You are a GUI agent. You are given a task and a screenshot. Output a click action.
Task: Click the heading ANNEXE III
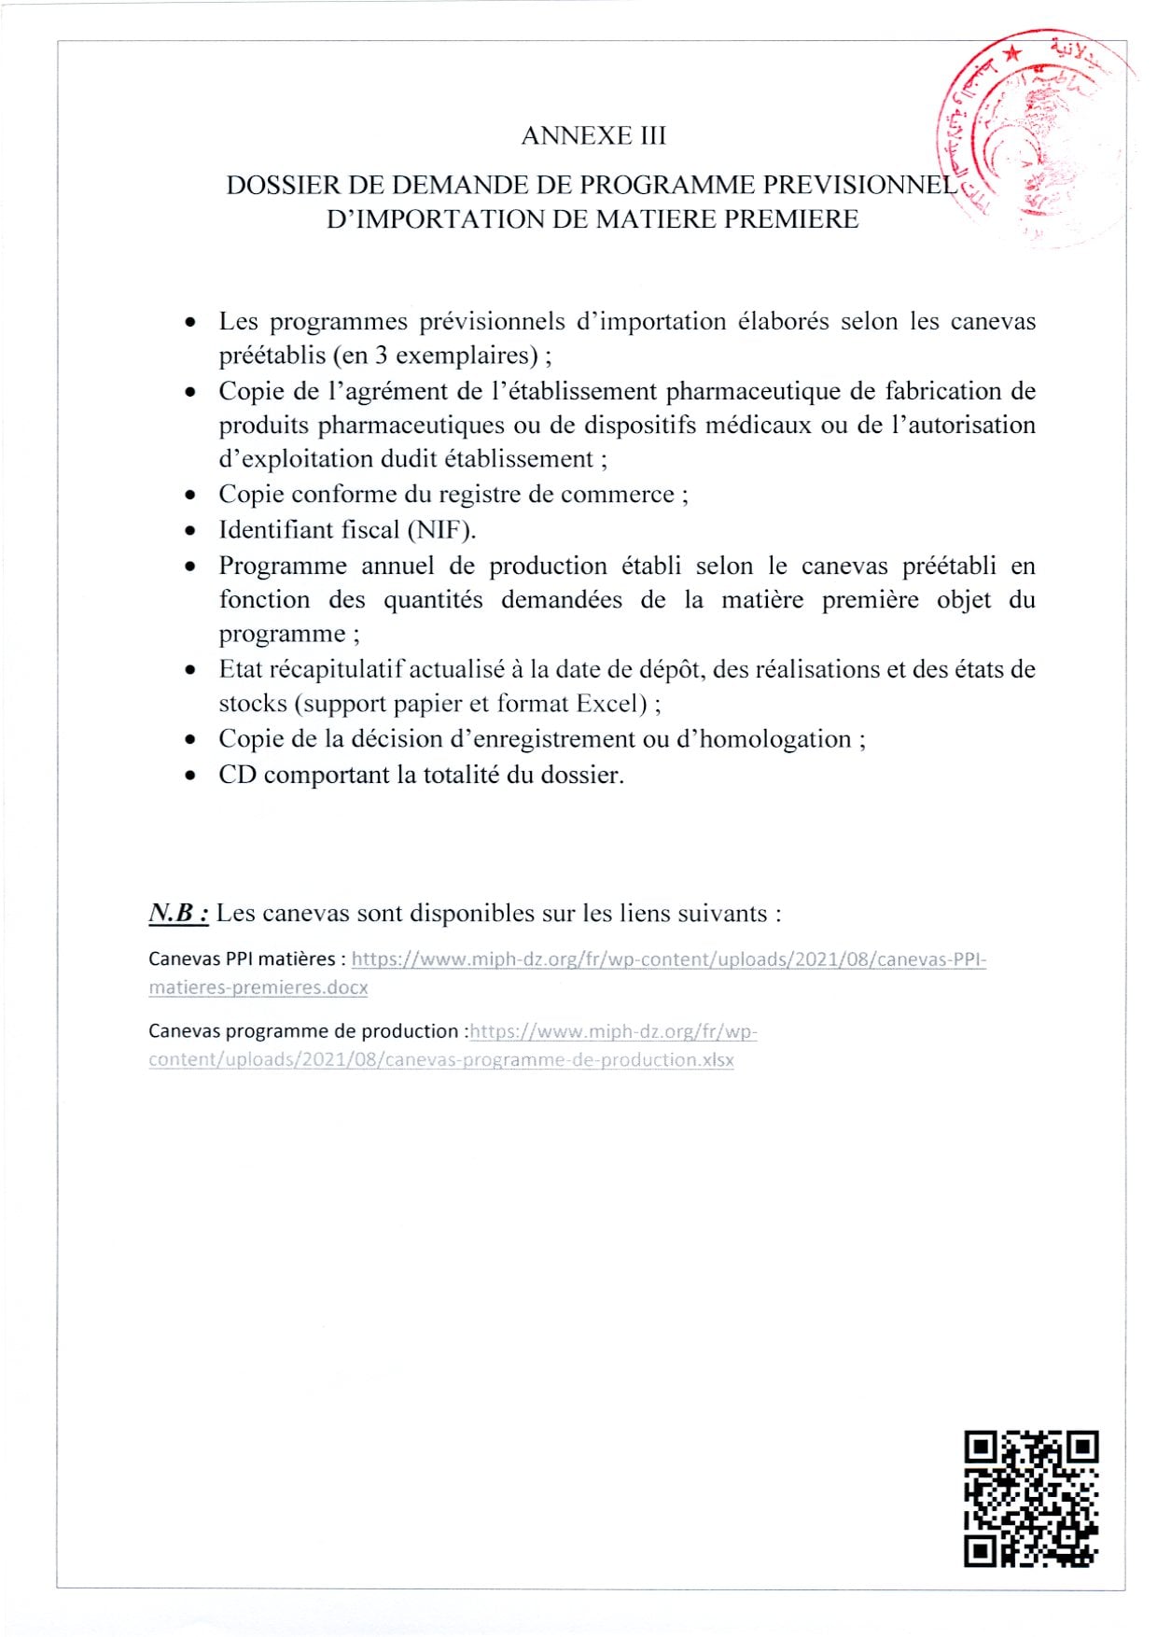tap(593, 136)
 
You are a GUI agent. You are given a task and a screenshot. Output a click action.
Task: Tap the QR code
tap(1031, 1498)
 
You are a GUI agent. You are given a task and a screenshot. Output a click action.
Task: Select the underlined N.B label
tap(178, 913)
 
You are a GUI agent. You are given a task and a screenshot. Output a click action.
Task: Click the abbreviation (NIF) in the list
tap(440, 530)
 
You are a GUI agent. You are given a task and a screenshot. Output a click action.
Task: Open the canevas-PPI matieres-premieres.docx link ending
tap(258, 987)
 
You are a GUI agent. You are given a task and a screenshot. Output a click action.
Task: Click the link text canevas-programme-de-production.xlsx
tap(559, 1060)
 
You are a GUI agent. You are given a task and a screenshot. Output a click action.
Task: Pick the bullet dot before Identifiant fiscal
tap(191, 531)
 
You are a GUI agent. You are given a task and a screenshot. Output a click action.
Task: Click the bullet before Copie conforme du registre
tap(191, 496)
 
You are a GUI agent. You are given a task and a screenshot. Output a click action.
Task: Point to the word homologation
tap(775, 739)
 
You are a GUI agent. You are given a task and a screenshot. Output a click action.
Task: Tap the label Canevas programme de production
tap(303, 1031)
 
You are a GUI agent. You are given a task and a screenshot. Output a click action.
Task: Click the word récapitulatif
tap(336, 669)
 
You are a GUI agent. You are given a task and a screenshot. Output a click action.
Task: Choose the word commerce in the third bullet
tap(618, 495)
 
